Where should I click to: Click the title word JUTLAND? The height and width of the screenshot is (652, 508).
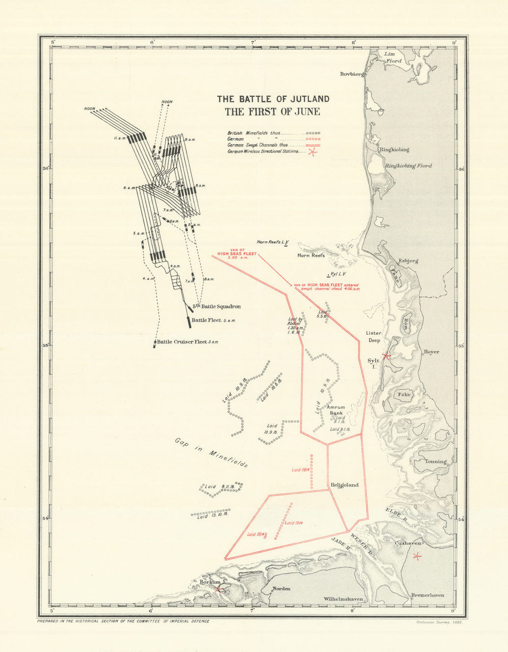coord(303,99)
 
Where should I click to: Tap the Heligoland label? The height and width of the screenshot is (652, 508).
coord(344,485)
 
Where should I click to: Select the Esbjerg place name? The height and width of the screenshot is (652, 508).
coord(408,260)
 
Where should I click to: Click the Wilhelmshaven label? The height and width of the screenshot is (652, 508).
coord(343,599)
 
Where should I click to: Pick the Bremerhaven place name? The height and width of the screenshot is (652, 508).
coord(427,595)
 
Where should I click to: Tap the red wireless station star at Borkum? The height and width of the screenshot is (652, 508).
coord(218,589)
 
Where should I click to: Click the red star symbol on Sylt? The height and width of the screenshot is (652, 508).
coord(386,356)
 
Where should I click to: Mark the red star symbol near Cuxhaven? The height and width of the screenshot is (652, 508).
coord(417,556)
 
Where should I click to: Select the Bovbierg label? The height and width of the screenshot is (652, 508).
coord(353,74)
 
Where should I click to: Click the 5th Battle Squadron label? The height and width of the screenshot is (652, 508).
coord(216,307)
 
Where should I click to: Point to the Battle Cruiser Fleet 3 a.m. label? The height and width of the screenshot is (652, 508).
coord(187,342)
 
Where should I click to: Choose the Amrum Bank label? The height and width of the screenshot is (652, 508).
coord(337,410)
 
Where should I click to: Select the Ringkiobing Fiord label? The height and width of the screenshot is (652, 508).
coord(407,166)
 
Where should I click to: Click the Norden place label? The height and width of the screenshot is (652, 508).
coord(282,589)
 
